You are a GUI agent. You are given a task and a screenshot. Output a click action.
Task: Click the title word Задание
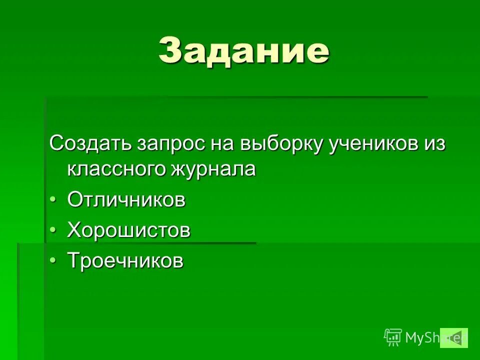(x=244, y=50)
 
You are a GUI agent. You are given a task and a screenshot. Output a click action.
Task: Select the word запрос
(x=169, y=143)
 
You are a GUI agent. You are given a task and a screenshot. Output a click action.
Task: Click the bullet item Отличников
(x=126, y=200)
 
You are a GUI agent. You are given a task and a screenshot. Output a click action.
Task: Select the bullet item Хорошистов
(x=129, y=230)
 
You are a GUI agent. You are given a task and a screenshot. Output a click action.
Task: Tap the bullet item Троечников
(x=125, y=260)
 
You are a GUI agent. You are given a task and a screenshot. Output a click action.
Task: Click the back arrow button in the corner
(x=454, y=337)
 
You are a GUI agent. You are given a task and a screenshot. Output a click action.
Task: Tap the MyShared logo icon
(x=393, y=337)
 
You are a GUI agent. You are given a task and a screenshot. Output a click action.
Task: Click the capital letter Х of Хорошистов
(x=73, y=230)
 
